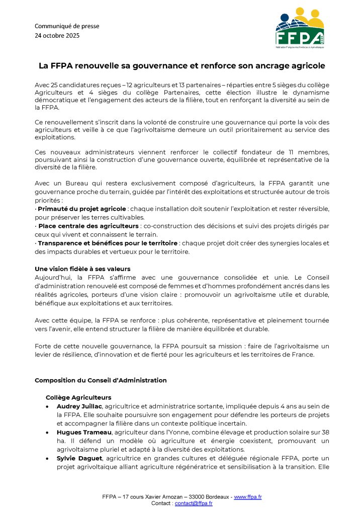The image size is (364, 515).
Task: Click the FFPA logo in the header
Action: click(300, 29)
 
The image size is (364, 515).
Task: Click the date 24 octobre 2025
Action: click(57, 36)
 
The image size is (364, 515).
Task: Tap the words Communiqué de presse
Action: click(67, 26)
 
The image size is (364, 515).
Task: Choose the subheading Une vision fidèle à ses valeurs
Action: click(82, 269)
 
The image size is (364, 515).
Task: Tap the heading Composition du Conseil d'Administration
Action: click(101, 380)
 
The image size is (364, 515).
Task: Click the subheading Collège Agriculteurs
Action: click(78, 397)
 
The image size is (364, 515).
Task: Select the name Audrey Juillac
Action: click(80, 406)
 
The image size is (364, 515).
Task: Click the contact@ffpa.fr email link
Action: click(194, 503)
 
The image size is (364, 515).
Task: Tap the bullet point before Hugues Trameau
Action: click(47, 432)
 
